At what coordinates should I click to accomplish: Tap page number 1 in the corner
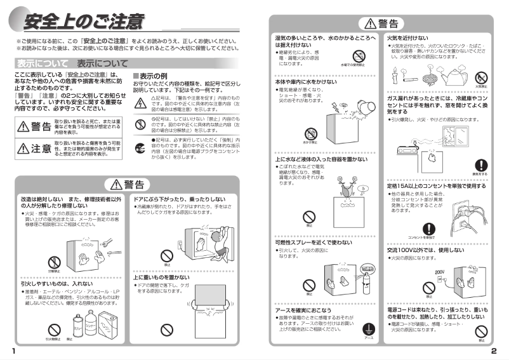pyautogui.click(x=6, y=351)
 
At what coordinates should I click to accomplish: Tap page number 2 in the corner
pyautogui.click(x=501, y=351)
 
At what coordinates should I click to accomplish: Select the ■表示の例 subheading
pyautogui.click(x=154, y=76)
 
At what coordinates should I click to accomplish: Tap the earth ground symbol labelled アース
pyautogui.click(x=369, y=330)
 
